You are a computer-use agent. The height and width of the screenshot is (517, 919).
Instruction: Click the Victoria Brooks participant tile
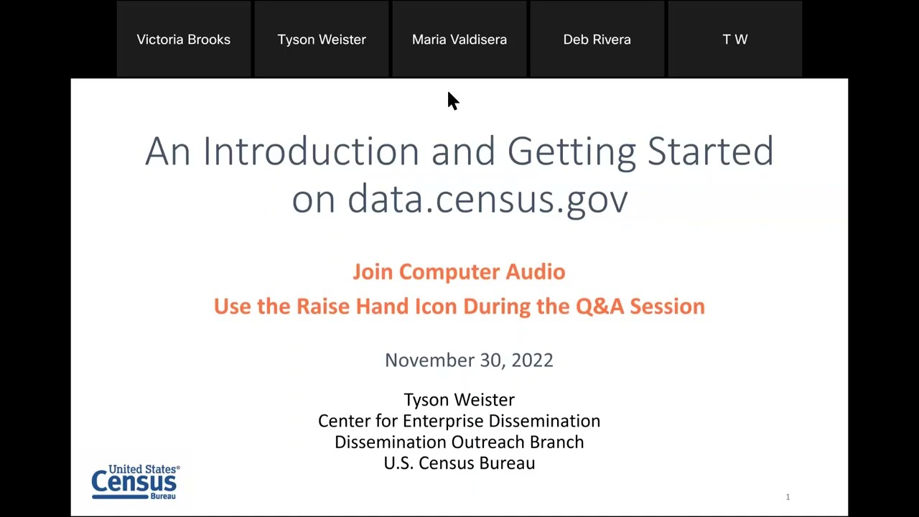(184, 39)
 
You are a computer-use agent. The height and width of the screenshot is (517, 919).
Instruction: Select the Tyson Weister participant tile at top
(322, 39)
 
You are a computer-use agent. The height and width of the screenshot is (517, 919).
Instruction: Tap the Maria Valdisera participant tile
(459, 39)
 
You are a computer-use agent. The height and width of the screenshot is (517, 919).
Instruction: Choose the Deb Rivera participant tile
(597, 39)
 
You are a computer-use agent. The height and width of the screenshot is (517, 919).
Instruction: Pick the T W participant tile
(734, 39)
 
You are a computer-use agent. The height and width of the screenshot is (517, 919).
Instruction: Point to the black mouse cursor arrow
(452, 101)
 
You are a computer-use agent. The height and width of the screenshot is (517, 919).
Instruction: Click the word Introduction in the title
(311, 152)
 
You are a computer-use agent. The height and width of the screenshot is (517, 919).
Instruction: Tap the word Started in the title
(710, 152)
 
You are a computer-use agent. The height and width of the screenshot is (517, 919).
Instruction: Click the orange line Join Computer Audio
(459, 271)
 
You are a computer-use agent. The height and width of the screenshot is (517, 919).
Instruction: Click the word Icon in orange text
(436, 306)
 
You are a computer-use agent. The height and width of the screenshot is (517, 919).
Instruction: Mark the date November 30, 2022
(469, 360)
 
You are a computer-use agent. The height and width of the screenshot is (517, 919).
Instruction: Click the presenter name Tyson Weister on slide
(459, 399)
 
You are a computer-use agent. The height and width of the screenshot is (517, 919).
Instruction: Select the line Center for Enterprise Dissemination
(459, 421)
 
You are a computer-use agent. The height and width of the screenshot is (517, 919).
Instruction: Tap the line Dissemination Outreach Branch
(459, 442)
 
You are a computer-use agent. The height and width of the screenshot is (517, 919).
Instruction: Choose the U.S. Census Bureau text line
(459, 463)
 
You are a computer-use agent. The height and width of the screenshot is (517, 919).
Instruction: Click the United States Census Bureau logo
(135, 481)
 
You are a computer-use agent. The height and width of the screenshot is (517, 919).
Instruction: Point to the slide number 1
(788, 497)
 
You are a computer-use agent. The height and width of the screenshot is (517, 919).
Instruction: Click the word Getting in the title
(572, 152)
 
